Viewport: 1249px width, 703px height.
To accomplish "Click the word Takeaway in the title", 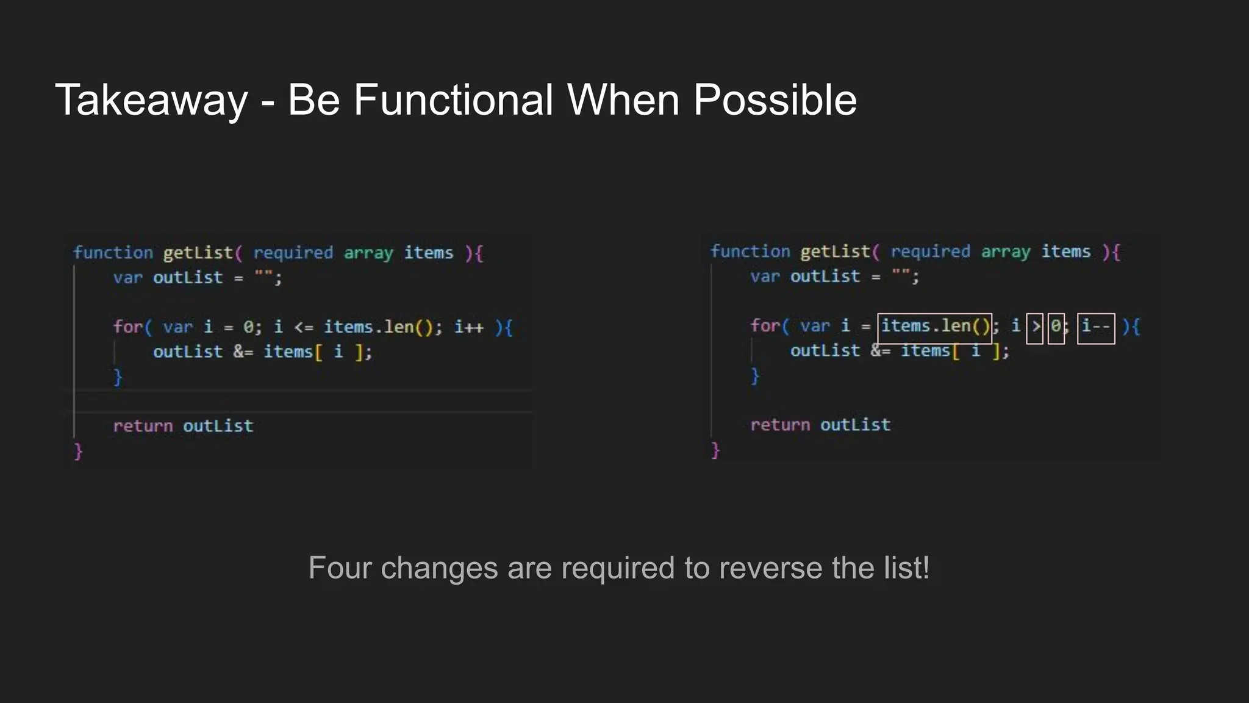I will click(x=151, y=100).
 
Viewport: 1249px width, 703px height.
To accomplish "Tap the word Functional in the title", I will click(x=453, y=100).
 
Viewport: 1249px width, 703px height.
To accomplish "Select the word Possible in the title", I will click(x=775, y=100).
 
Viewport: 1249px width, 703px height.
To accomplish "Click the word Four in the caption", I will click(x=340, y=568).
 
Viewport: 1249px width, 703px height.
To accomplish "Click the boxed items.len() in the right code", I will click(x=934, y=328).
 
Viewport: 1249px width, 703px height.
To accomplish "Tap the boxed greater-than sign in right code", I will click(x=1035, y=328).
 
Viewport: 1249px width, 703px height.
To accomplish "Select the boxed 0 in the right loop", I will click(x=1056, y=328).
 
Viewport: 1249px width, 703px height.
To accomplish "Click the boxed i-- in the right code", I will click(x=1096, y=328).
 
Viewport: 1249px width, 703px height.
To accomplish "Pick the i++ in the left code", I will click(x=469, y=328).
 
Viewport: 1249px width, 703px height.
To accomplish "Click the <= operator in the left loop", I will click(x=303, y=328).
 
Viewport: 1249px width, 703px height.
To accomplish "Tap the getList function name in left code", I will click(x=198, y=253).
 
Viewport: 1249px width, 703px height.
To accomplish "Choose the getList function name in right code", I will click(x=836, y=252).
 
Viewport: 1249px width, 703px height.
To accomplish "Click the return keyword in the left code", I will click(x=143, y=426).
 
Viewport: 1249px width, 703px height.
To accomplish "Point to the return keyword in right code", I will click(x=780, y=425).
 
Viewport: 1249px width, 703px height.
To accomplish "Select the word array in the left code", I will click(x=368, y=253).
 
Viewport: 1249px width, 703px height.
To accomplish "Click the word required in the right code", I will click(x=930, y=252).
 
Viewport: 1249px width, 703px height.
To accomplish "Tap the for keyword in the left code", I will click(x=127, y=328).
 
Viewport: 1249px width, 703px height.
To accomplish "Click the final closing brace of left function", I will click(x=78, y=452).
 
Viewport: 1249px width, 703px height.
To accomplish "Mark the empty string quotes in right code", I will click(x=901, y=276).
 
